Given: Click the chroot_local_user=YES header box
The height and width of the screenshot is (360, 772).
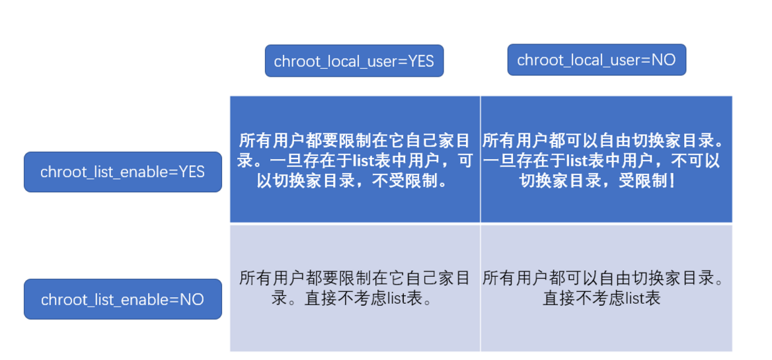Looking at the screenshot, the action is point(354,61).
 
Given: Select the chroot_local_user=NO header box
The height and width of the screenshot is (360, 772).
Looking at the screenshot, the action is point(596,59).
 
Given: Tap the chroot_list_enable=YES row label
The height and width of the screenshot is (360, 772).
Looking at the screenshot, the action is point(122,172).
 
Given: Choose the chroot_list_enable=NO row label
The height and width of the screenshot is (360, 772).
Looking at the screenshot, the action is point(122,299).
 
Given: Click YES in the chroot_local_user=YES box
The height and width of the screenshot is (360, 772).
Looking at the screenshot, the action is point(420,61).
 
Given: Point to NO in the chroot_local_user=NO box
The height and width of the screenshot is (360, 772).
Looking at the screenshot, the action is point(664,60).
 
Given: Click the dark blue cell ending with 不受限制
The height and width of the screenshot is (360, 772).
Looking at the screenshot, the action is point(355,159).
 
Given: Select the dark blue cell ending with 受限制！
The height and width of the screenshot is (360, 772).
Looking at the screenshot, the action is point(606,159).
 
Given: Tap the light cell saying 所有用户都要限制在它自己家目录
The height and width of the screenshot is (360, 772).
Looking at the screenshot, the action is point(355,288).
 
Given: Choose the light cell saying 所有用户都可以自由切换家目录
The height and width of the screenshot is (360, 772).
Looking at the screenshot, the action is point(606,288).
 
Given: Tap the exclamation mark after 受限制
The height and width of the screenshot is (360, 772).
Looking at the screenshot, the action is point(672,180).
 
